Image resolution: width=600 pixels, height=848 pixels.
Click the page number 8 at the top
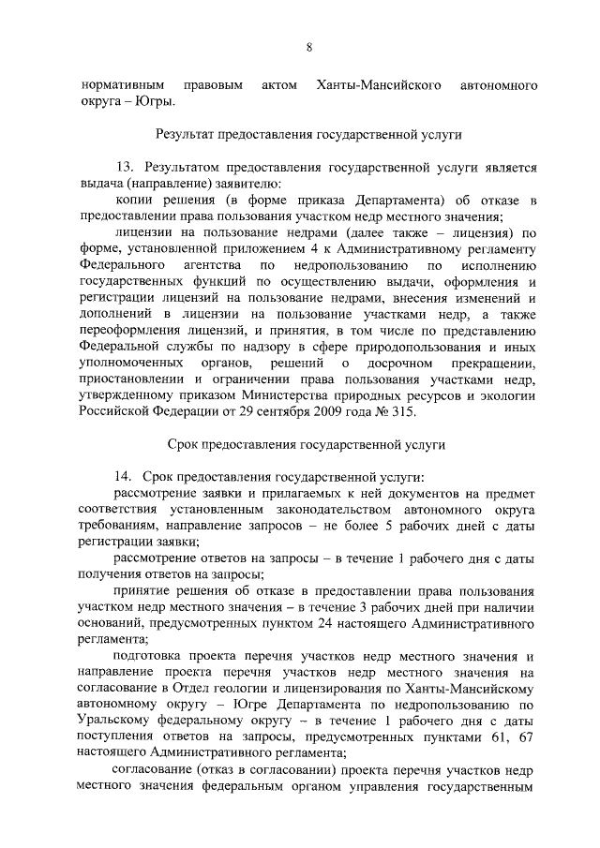(308, 48)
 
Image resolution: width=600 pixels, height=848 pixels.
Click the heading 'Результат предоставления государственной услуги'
(309, 135)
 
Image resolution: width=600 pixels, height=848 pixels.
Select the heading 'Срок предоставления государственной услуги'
(309, 443)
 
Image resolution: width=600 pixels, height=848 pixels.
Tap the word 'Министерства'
(321, 394)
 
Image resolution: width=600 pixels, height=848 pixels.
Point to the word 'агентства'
(223, 267)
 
